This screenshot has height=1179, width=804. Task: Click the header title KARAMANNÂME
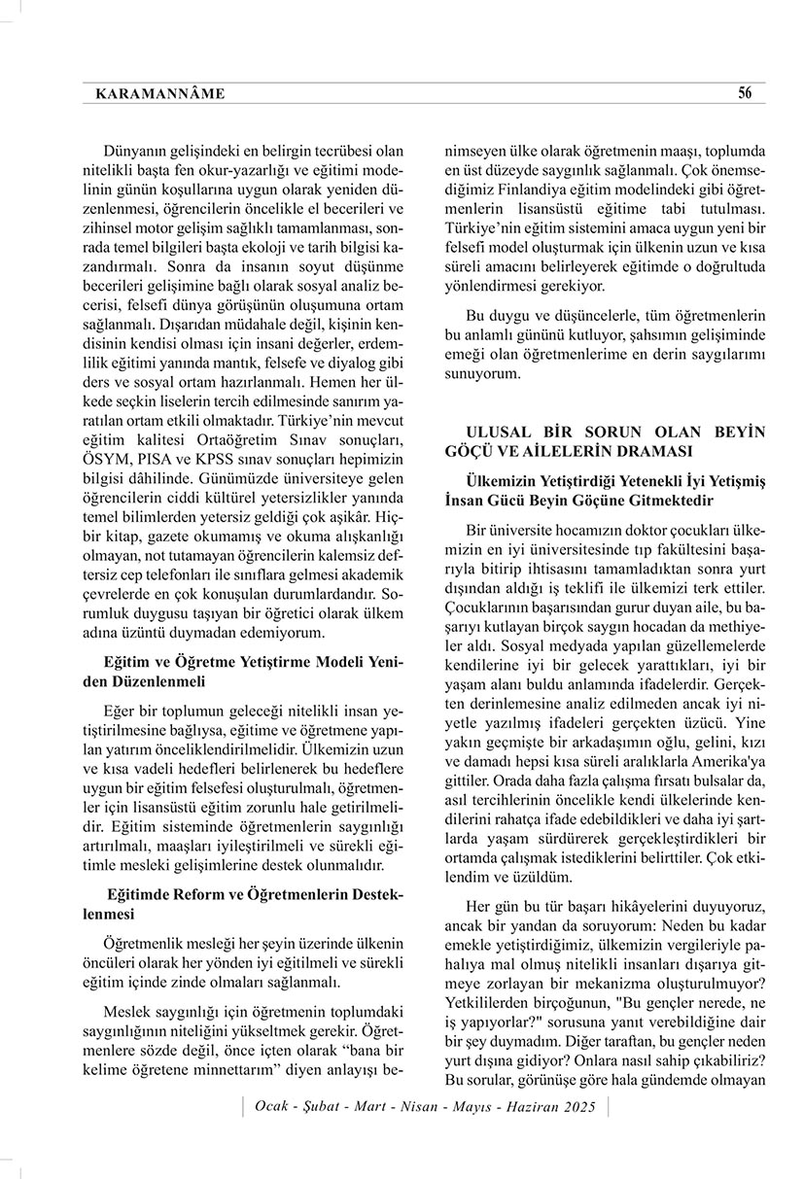point(160,94)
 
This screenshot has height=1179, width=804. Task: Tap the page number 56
point(745,93)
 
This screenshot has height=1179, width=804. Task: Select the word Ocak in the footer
point(271,1107)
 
